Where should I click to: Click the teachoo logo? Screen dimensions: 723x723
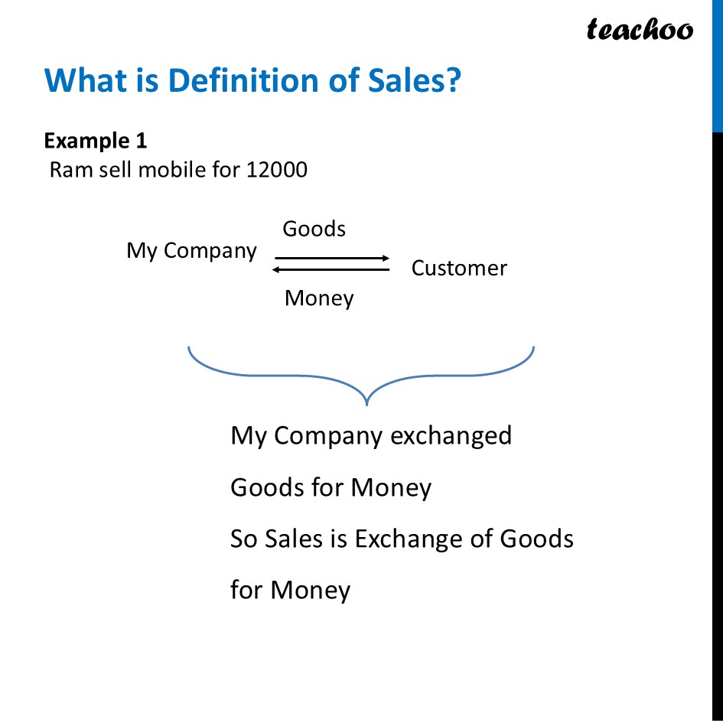click(x=640, y=30)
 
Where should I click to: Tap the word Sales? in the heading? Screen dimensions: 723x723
click(x=415, y=80)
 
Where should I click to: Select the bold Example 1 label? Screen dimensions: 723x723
click(x=96, y=141)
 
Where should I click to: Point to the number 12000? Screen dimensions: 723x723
click(x=277, y=169)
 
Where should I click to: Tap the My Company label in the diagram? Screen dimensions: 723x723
click(x=191, y=251)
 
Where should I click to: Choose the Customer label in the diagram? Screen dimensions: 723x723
click(x=459, y=269)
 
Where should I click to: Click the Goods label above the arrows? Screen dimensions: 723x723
click(x=314, y=229)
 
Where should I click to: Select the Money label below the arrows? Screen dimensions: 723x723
click(x=319, y=298)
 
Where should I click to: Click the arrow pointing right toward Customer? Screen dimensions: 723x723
click(x=332, y=259)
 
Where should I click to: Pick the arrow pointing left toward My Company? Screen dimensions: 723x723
click(x=331, y=269)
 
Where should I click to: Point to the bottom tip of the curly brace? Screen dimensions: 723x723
click(x=368, y=402)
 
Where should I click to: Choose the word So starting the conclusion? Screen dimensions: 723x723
click(x=244, y=539)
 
